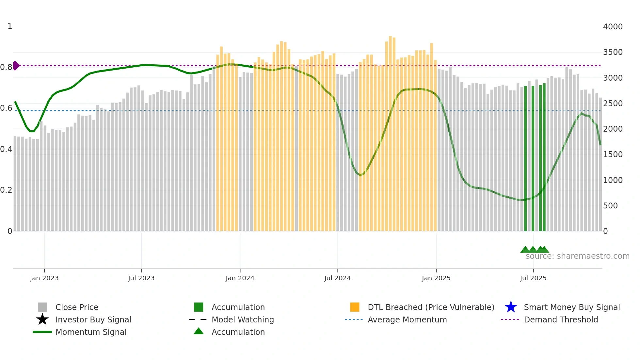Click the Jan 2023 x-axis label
pyautogui.click(x=44, y=278)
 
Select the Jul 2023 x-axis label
pyautogui.click(x=141, y=278)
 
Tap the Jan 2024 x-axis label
pyautogui.click(x=240, y=278)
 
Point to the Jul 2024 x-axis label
pyautogui.click(x=337, y=278)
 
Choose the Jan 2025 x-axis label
pyautogui.click(x=436, y=278)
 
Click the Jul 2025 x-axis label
pyautogui.click(x=533, y=278)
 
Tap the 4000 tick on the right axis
pyautogui.click(x=613, y=27)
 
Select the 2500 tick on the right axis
pyautogui.click(x=613, y=104)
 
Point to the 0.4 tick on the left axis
pyautogui.click(x=6, y=149)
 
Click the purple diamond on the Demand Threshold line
pyautogui.click(x=16, y=66)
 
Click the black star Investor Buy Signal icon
pyautogui.click(x=42, y=319)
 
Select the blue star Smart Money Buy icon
pyautogui.click(x=511, y=307)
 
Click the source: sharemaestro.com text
pyautogui.click(x=577, y=256)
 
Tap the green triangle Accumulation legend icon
pyautogui.click(x=199, y=332)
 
